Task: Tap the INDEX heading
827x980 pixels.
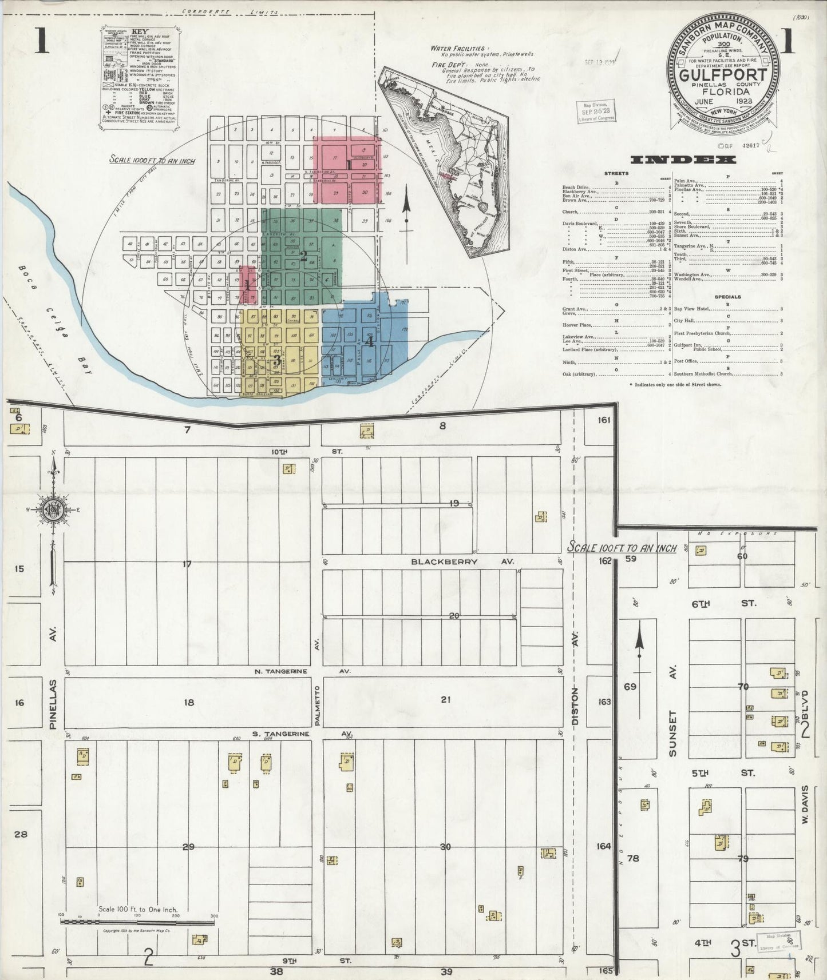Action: click(x=674, y=160)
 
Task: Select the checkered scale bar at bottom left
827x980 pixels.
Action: click(x=137, y=918)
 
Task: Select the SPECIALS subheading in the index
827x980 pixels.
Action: click(x=727, y=297)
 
